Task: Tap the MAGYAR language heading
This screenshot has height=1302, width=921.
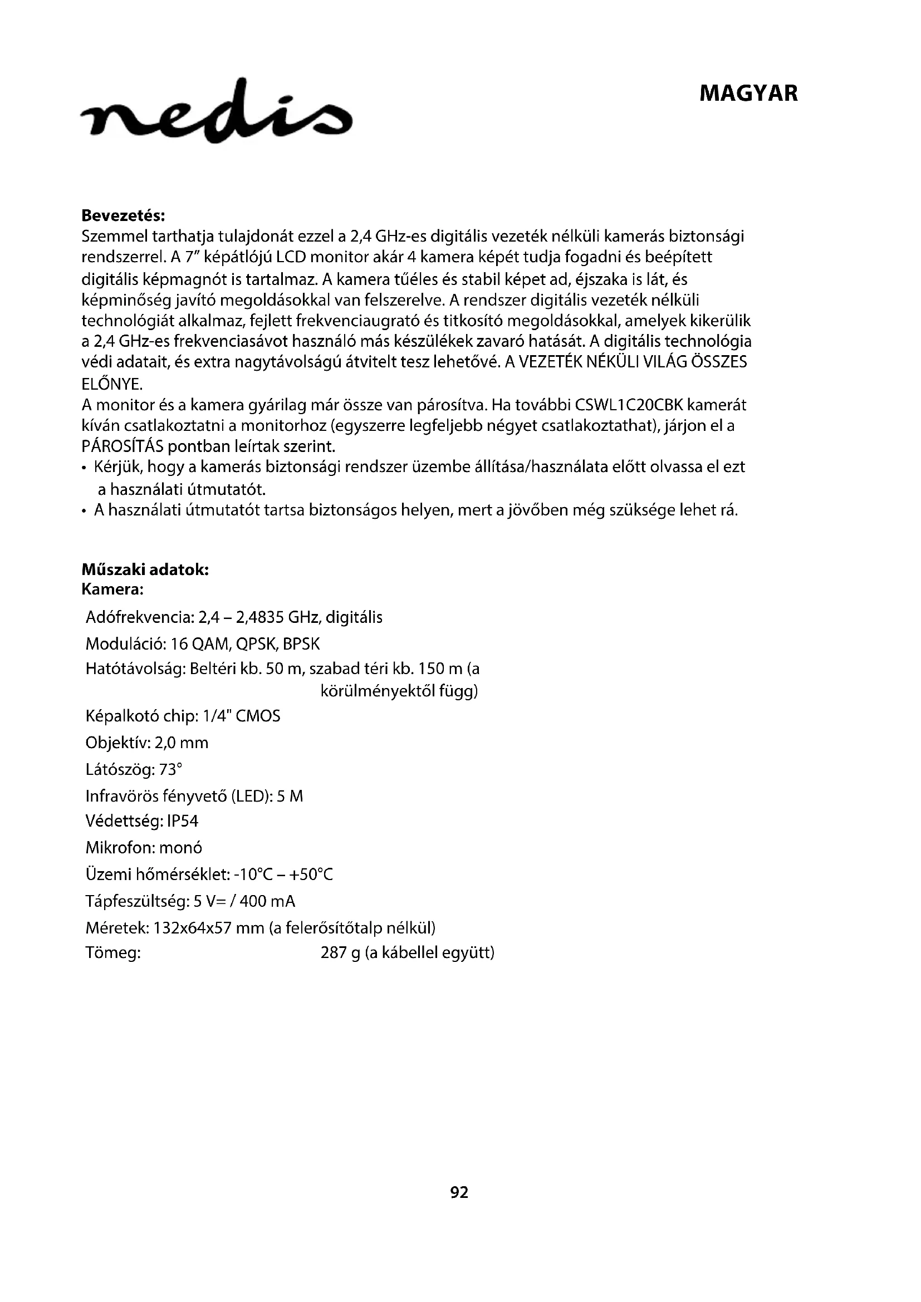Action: point(748,94)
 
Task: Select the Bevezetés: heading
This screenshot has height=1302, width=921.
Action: point(123,215)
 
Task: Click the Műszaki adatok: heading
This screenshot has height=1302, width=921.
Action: point(145,569)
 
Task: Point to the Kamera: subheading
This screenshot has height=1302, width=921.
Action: point(112,589)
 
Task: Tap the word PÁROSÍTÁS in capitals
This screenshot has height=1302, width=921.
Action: point(122,446)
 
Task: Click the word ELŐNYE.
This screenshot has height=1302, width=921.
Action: point(112,385)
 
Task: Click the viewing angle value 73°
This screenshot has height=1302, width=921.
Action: point(171,769)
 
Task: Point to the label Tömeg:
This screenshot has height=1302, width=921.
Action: point(113,952)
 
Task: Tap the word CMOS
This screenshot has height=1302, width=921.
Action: point(257,716)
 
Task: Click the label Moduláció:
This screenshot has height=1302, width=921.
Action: point(125,644)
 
